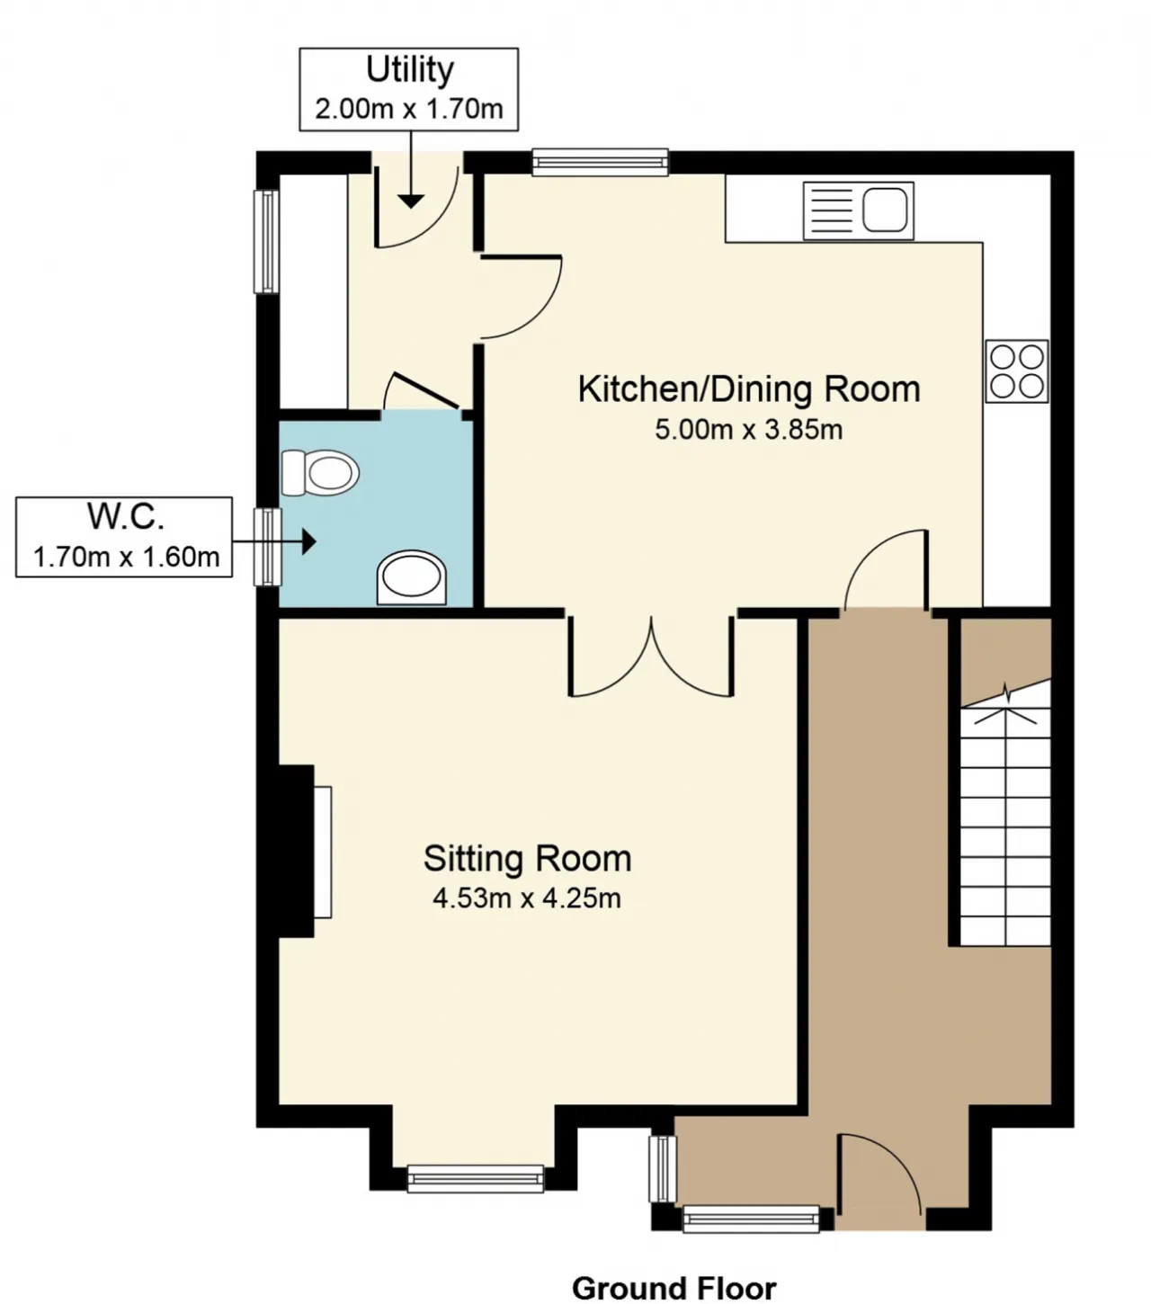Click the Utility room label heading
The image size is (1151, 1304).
click(x=409, y=71)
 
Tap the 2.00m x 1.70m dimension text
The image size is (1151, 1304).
click(x=409, y=109)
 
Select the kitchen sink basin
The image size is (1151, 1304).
click(x=885, y=210)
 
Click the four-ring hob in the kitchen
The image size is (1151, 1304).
click(x=1017, y=371)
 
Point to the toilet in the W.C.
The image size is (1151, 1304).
click(x=320, y=473)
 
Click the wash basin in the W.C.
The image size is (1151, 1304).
click(x=412, y=577)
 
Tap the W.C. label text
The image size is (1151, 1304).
click(x=126, y=516)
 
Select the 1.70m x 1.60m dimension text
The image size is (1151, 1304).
click(x=126, y=557)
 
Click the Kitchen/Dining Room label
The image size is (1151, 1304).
click(x=749, y=390)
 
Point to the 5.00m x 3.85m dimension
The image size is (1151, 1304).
click(x=749, y=429)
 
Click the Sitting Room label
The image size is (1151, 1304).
click(x=527, y=859)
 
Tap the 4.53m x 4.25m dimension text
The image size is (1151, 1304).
click(x=527, y=898)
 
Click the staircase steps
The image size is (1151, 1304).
click(x=1005, y=813)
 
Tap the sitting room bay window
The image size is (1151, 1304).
click(x=476, y=1178)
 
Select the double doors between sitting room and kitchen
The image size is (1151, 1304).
click(x=651, y=656)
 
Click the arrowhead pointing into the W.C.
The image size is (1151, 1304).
click(x=309, y=541)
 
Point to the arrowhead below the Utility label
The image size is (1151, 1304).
click(x=410, y=201)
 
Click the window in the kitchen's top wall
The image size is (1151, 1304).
click(x=600, y=162)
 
